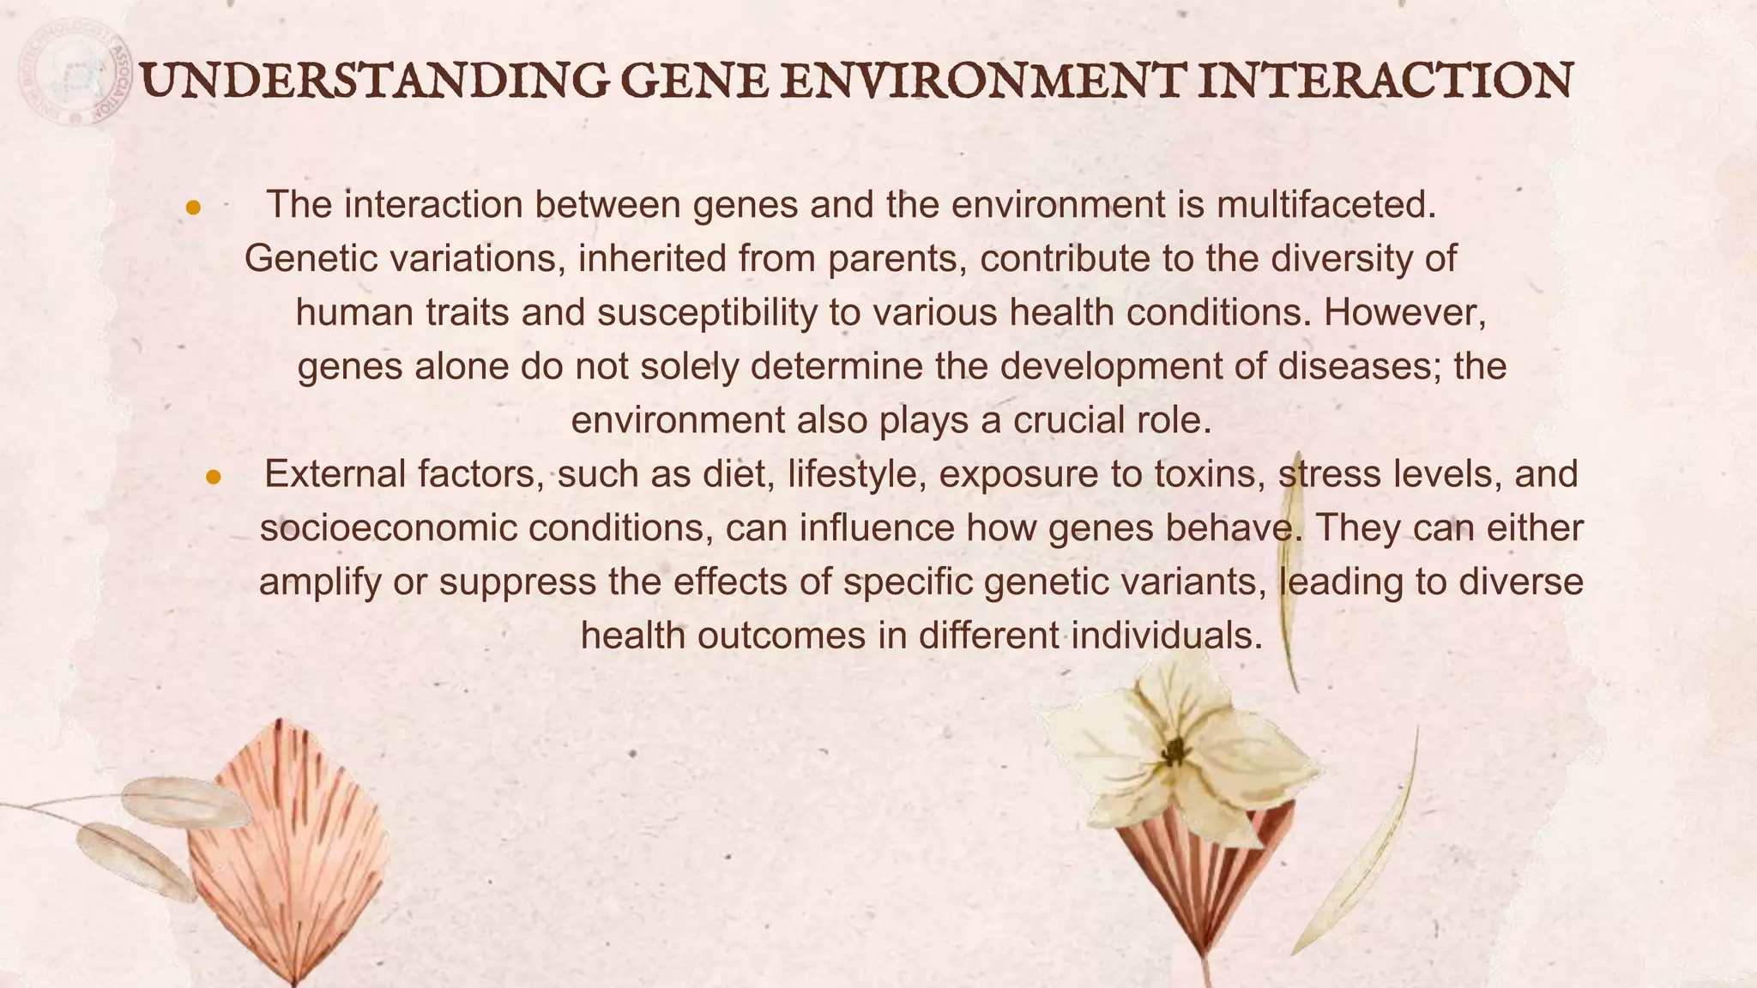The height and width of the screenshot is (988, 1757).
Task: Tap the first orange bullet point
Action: [194, 208]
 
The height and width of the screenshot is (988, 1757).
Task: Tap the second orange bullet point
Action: [214, 477]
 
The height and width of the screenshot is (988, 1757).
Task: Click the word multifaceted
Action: [1326, 205]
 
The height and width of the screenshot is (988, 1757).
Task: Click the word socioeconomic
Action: [388, 528]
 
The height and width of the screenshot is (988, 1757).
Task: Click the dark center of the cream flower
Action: [1174, 751]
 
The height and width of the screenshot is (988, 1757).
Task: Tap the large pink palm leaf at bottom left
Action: [287, 858]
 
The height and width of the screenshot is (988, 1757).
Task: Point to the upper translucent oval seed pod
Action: [184, 803]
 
